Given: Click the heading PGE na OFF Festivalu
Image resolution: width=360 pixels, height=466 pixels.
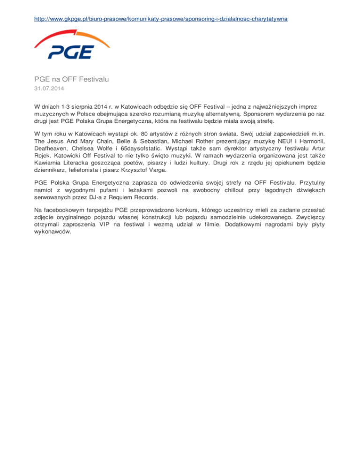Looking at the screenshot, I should [x=71, y=80].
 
